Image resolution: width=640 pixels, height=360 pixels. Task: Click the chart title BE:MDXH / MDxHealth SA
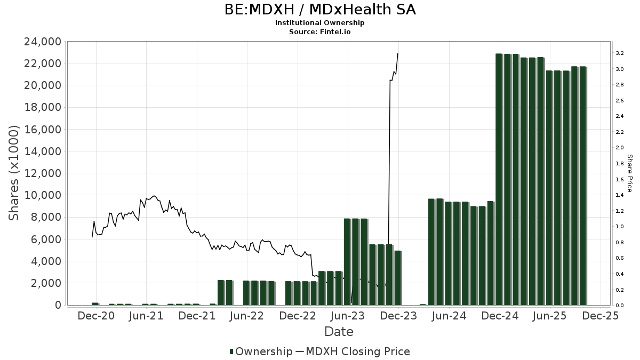tap(319, 10)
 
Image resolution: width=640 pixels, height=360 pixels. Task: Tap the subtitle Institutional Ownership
tap(319, 22)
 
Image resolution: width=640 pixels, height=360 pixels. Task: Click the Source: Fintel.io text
tap(319, 31)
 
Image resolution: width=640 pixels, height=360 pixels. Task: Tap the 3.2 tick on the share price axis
tap(619, 53)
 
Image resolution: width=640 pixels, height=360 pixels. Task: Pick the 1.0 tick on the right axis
tap(619, 227)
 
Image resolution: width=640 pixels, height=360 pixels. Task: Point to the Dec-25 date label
tap(601, 316)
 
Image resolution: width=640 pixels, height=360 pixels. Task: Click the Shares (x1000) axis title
tap(14, 173)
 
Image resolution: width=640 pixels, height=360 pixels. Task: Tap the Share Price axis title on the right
tap(629, 173)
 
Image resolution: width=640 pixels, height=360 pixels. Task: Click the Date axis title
tap(339, 332)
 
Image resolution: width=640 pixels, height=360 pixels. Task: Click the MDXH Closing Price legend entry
tap(353, 351)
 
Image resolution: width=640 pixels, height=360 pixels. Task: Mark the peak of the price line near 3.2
tap(398, 53)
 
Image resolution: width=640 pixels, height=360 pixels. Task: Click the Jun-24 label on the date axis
tap(449, 316)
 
